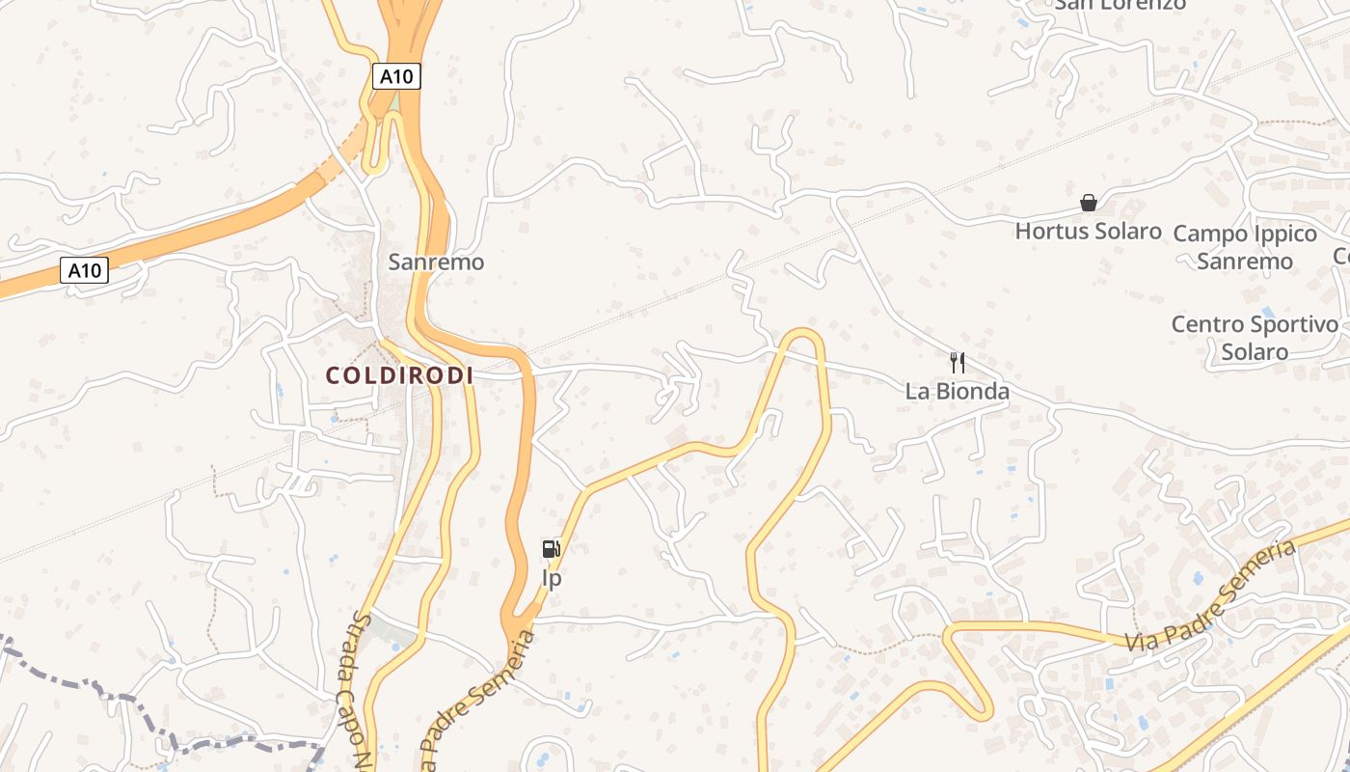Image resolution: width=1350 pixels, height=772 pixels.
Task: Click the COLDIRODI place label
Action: tap(399, 375)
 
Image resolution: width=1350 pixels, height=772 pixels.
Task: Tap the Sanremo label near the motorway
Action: tap(436, 262)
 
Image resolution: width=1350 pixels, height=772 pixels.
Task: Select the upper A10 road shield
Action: tap(397, 75)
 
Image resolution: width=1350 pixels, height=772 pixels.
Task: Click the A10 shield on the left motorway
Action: tap(85, 270)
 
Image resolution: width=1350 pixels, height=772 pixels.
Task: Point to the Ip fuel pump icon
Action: tap(551, 550)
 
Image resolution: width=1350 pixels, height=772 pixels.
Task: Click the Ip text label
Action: tap(552, 579)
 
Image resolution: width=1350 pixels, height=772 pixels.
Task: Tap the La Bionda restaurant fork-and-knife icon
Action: tap(957, 363)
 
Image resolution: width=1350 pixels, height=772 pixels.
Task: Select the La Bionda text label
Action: tap(957, 391)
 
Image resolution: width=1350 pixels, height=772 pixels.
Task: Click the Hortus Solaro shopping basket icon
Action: tap(1088, 203)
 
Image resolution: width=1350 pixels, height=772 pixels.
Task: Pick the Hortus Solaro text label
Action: tap(1088, 232)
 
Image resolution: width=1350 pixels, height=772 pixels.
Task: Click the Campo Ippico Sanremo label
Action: tap(1244, 247)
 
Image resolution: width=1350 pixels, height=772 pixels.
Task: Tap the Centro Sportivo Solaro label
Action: tap(1255, 338)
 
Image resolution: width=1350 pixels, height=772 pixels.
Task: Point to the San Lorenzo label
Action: tap(1120, 5)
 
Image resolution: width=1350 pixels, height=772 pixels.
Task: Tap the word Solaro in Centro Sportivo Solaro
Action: tap(1255, 351)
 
